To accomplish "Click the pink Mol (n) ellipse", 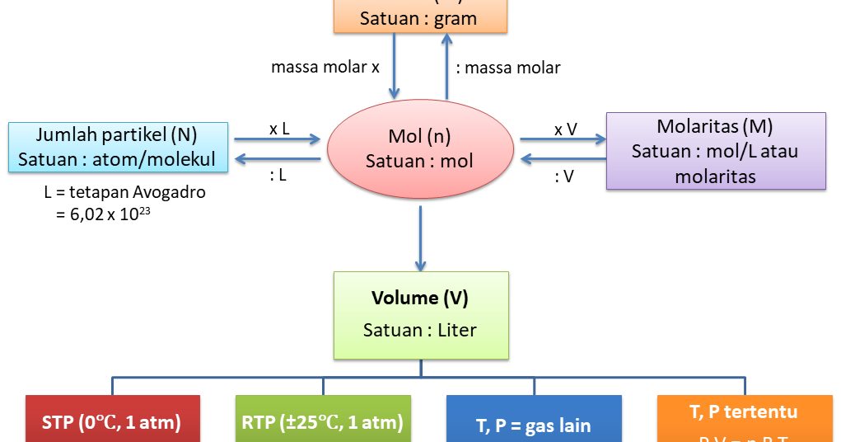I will tap(420, 148).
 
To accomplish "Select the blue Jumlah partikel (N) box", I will tap(118, 147).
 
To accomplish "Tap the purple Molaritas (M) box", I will tap(716, 151).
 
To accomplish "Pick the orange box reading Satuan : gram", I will tap(418, 16).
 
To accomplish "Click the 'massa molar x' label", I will tap(325, 68).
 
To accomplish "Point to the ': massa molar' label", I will tap(507, 68).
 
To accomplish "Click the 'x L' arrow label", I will tap(278, 129).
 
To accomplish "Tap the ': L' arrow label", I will tap(278, 175).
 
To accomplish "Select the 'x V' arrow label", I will tap(565, 129).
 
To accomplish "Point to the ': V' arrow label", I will tap(564, 175).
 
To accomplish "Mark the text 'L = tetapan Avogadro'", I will tap(113, 193).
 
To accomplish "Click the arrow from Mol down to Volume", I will tap(420, 238).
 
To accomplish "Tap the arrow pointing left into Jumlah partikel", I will tap(277, 159).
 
